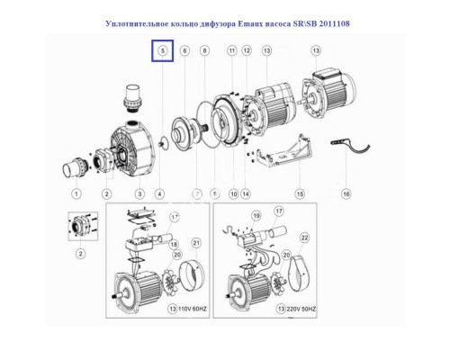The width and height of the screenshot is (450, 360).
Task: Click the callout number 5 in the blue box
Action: [x=162, y=52]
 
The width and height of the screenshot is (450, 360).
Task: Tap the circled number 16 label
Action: [x=345, y=193]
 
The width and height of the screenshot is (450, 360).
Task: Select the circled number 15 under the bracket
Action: [x=274, y=193]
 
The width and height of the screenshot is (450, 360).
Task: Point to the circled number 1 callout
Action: [x=76, y=193]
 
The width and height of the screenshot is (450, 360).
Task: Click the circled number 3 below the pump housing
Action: [x=139, y=193]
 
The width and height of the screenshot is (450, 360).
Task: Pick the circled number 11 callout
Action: [x=231, y=52]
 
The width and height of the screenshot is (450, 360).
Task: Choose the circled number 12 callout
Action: [x=247, y=52]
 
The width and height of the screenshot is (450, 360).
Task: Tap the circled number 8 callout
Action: [x=204, y=52]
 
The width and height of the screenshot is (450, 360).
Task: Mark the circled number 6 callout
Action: [x=184, y=52]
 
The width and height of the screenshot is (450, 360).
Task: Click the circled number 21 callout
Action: [x=196, y=244]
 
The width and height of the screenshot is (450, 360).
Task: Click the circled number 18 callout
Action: [x=172, y=244]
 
